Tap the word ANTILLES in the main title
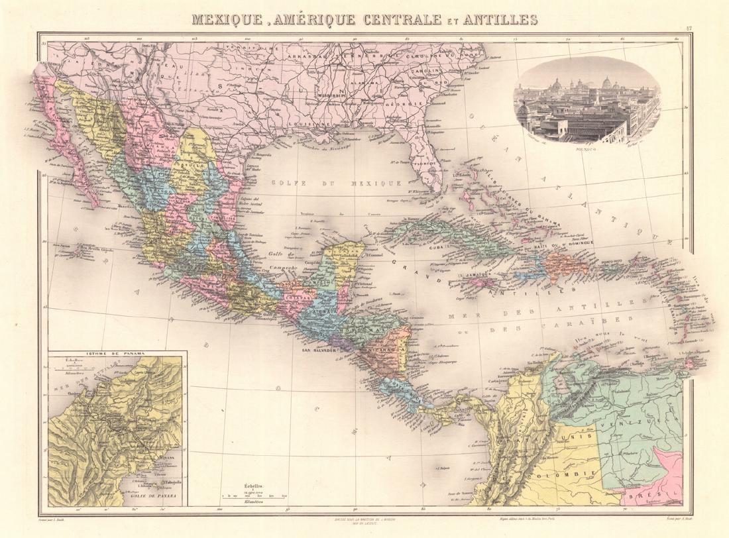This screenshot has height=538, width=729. point(502,19)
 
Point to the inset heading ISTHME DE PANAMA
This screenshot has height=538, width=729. point(115,354)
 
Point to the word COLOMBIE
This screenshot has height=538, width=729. point(578,471)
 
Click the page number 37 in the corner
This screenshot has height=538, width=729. point(689,27)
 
